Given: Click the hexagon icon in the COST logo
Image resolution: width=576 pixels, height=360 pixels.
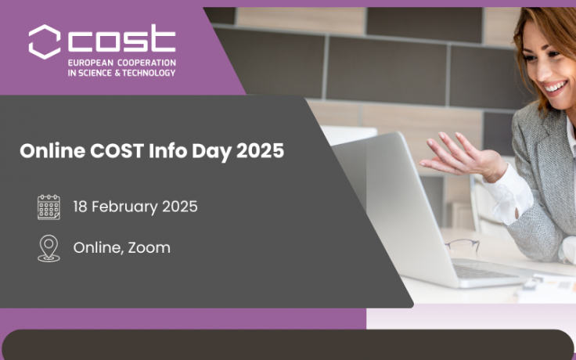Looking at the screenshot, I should pos(45,40).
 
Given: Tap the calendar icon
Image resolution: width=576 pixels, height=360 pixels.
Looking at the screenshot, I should pos(49,207).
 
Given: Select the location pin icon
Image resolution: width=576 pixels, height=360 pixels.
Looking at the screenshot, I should pos(49,247).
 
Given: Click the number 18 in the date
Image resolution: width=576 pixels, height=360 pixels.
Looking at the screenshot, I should pos(81,207).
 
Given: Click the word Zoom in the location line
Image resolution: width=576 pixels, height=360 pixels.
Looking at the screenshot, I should pos(149,247).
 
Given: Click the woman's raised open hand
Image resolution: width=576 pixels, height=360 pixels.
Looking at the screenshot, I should pos(462,157).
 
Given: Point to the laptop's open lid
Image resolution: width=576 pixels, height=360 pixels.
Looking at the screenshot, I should pos(391,203).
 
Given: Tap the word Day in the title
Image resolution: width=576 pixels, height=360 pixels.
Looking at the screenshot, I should pos(204,152).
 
